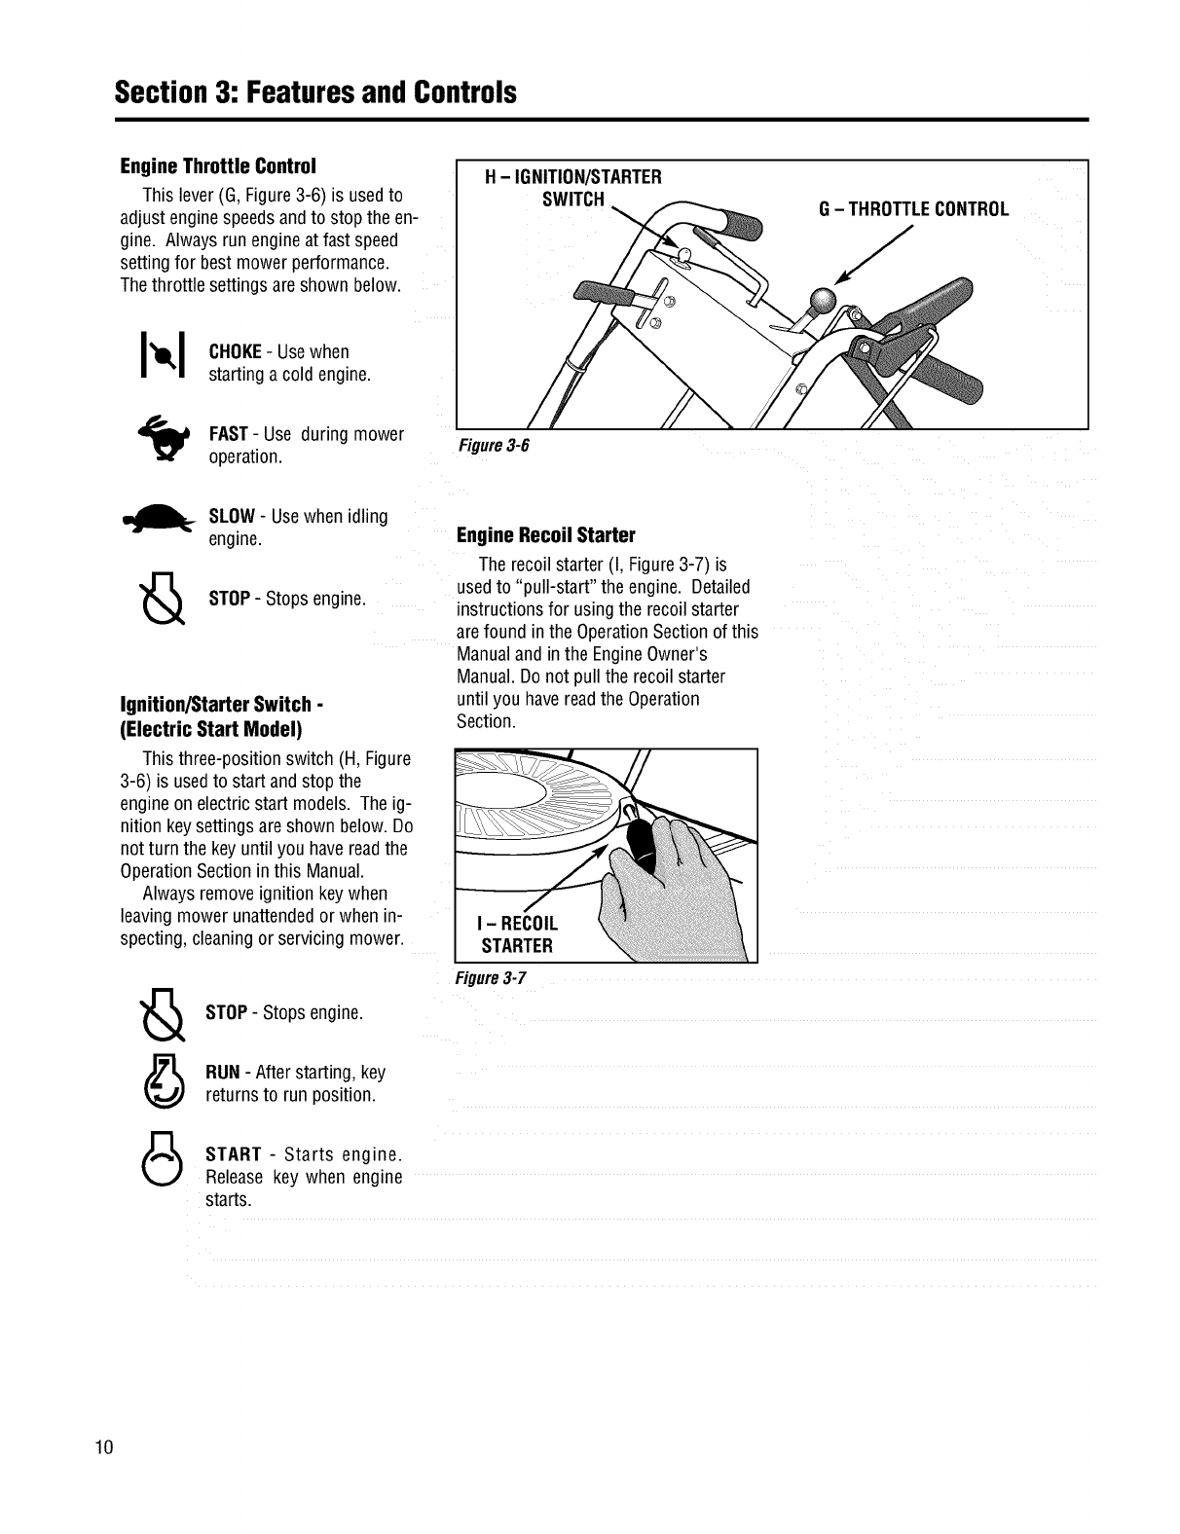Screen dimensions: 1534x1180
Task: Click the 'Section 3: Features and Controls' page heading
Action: (314, 92)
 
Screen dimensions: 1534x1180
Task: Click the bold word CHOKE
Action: (235, 351)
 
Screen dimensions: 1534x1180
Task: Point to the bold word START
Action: (234, 1154)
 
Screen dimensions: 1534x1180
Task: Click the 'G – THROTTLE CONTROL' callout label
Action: (914, 208)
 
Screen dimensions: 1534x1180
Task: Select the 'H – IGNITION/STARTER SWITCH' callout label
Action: (573, 188)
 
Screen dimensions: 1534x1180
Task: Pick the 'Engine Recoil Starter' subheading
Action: (545, 535)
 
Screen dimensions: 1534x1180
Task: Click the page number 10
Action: (104, 1445)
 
